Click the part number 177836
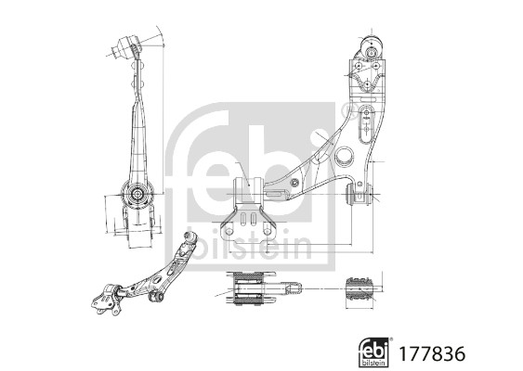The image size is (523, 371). (432, 353)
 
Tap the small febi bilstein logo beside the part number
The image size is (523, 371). (373, 352)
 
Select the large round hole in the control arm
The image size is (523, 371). (345, 155)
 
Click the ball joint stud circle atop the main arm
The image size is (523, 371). (371, 53)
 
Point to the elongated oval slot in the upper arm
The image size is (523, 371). (366, 124)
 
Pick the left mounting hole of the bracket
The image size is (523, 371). (229, 232)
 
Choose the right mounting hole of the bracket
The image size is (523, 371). (268, 232)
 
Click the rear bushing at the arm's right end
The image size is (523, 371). (359, 194)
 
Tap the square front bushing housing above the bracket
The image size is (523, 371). (248, 190)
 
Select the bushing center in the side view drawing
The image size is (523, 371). (137, 194)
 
